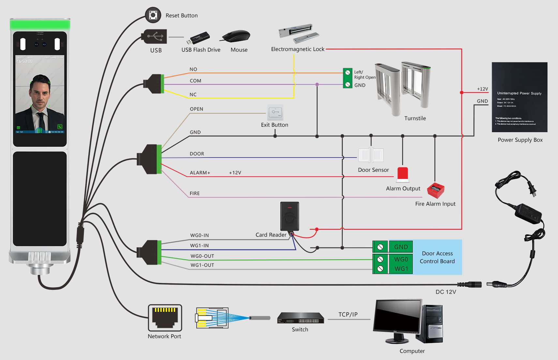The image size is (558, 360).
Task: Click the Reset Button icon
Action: (x=153, y=15)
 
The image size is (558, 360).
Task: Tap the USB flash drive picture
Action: (x=198, y=38)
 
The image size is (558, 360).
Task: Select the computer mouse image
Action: (x=236, y=36)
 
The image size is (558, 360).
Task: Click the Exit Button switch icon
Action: (x=275, y=113)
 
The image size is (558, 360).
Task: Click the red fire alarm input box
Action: (x=436, y=191)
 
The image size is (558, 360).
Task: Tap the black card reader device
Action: (x=289, y=216)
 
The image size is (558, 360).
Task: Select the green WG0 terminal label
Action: (x=401, y=259)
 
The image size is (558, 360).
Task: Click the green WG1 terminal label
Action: (x=401, y=269)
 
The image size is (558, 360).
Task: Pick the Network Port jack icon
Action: (x=165, y=318)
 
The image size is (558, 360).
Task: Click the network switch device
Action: (x=300, y=318)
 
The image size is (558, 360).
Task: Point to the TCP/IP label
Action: (x=348, y=314)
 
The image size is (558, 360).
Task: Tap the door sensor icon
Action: (x=371, y=155)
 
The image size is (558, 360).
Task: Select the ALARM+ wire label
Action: (x=200, y=173)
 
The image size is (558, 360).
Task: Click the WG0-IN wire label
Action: (x=200, y=235)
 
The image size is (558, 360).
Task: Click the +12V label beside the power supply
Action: (x=482, y=89)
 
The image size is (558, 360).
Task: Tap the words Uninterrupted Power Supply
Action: (x=519, y=93)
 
